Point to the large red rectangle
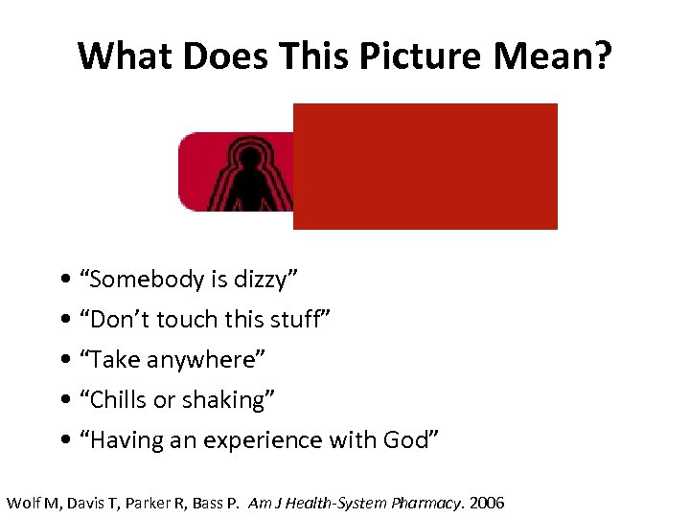[425, 166]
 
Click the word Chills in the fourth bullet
[115, 400]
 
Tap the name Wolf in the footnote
[24, 503]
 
